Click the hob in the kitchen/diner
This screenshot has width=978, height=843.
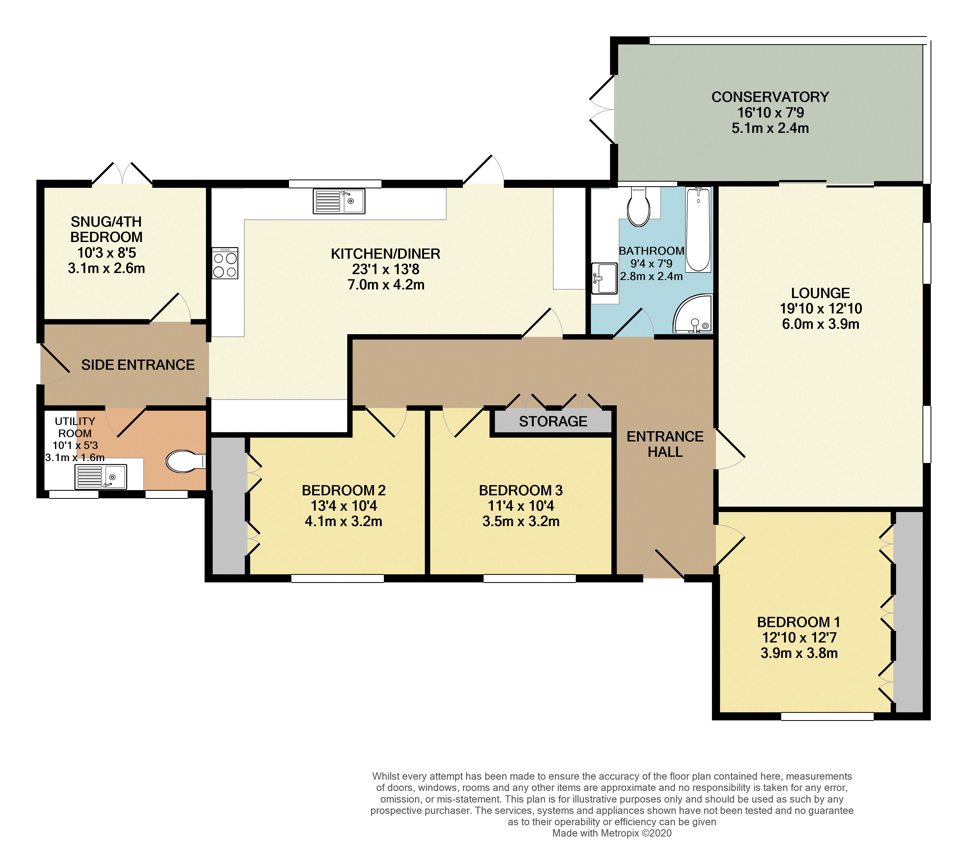[x=225, y=263]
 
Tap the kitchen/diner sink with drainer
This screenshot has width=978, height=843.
[x=339, y=201]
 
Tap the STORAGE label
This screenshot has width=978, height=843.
[x=553, y=421]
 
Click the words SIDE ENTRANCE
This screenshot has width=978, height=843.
[x=138, y=365]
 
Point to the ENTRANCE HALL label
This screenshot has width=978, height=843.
[x=665, y=444]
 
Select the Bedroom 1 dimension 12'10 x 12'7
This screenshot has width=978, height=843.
[x=799, y=638]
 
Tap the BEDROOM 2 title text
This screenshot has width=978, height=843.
[x=344, y=490]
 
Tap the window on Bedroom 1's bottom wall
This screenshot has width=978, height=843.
[x=827, y=716]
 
